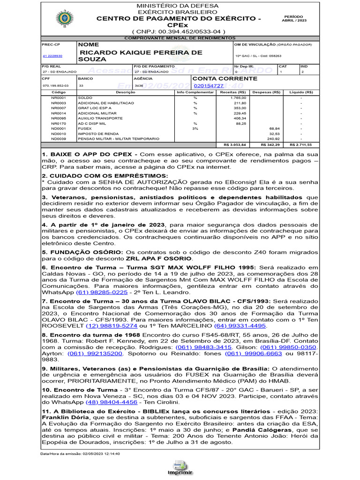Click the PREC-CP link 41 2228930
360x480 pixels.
tap(52, 56)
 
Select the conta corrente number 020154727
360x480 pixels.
tap(208, 86)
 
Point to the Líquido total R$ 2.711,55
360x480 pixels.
tap(300, 145)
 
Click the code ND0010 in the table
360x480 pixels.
tap(59, 134)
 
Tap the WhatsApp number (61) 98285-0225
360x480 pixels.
tap(102, 292)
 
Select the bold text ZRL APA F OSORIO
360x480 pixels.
tap(158, 258)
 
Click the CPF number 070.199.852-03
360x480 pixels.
tap(55, 86)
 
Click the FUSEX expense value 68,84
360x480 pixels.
tap(274, 128)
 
